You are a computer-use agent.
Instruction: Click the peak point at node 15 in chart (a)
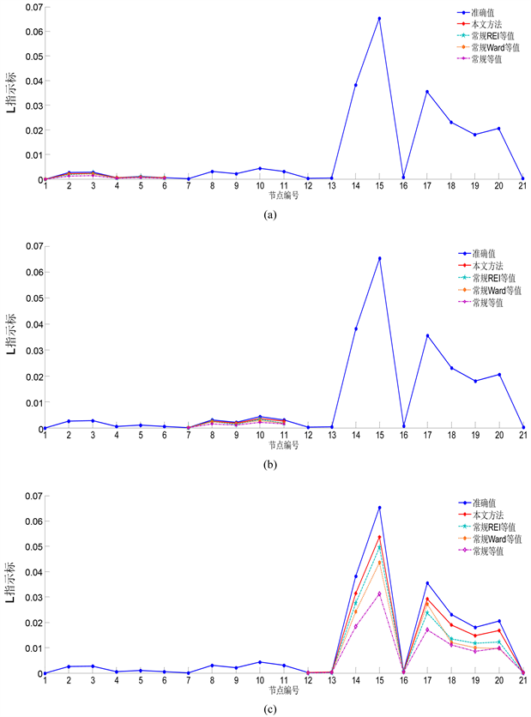[x=379, y=18]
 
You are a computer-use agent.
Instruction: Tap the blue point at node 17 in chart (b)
[x=427, y=335]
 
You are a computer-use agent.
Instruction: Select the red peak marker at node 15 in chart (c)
[x=379, y=537]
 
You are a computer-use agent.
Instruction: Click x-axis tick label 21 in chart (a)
[x=522, y=187]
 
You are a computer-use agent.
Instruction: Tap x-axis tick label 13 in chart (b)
[x=331, y=436]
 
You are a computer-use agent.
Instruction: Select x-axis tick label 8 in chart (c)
[x=212, y=681]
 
